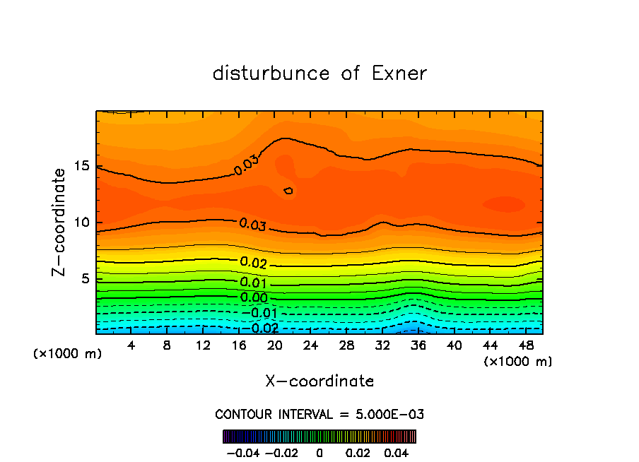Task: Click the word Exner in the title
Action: click(399, 73)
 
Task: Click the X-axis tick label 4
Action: click(131, 345)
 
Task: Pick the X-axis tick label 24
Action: click(310, 345)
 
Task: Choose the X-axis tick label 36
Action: click(418, 345)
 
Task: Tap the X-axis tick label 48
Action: click(525, 345)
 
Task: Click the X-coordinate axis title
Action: click(319, 381)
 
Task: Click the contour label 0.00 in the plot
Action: click(253, 297)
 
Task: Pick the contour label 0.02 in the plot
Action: click(253, 263)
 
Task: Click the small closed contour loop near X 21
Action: click(288, 191)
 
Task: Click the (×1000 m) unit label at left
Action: click(68, 353)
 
